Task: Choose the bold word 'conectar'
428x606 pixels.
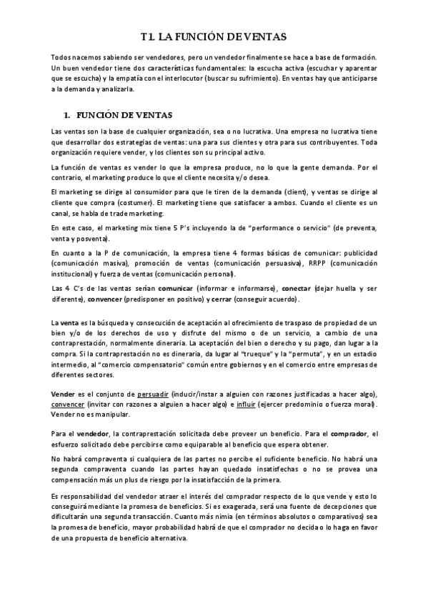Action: (x=286, y=288)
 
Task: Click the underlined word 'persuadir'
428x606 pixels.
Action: (x=154, y=395)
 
